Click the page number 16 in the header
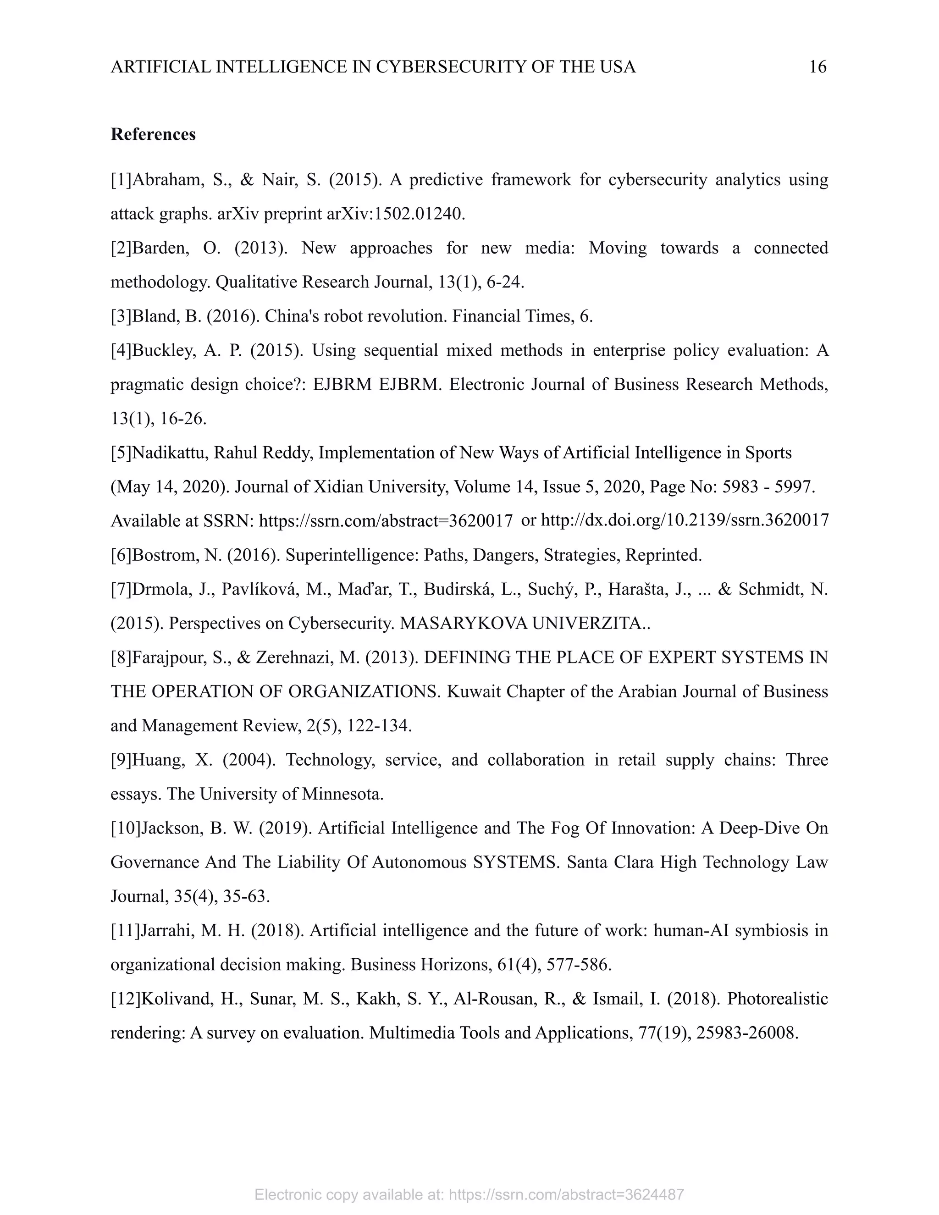click(817, 67)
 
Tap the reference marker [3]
click(121, 316)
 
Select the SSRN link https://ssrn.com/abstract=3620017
click(386, 521)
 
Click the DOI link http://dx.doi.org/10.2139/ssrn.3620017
click(685, 520)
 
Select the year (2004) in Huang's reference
click(249, 759)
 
